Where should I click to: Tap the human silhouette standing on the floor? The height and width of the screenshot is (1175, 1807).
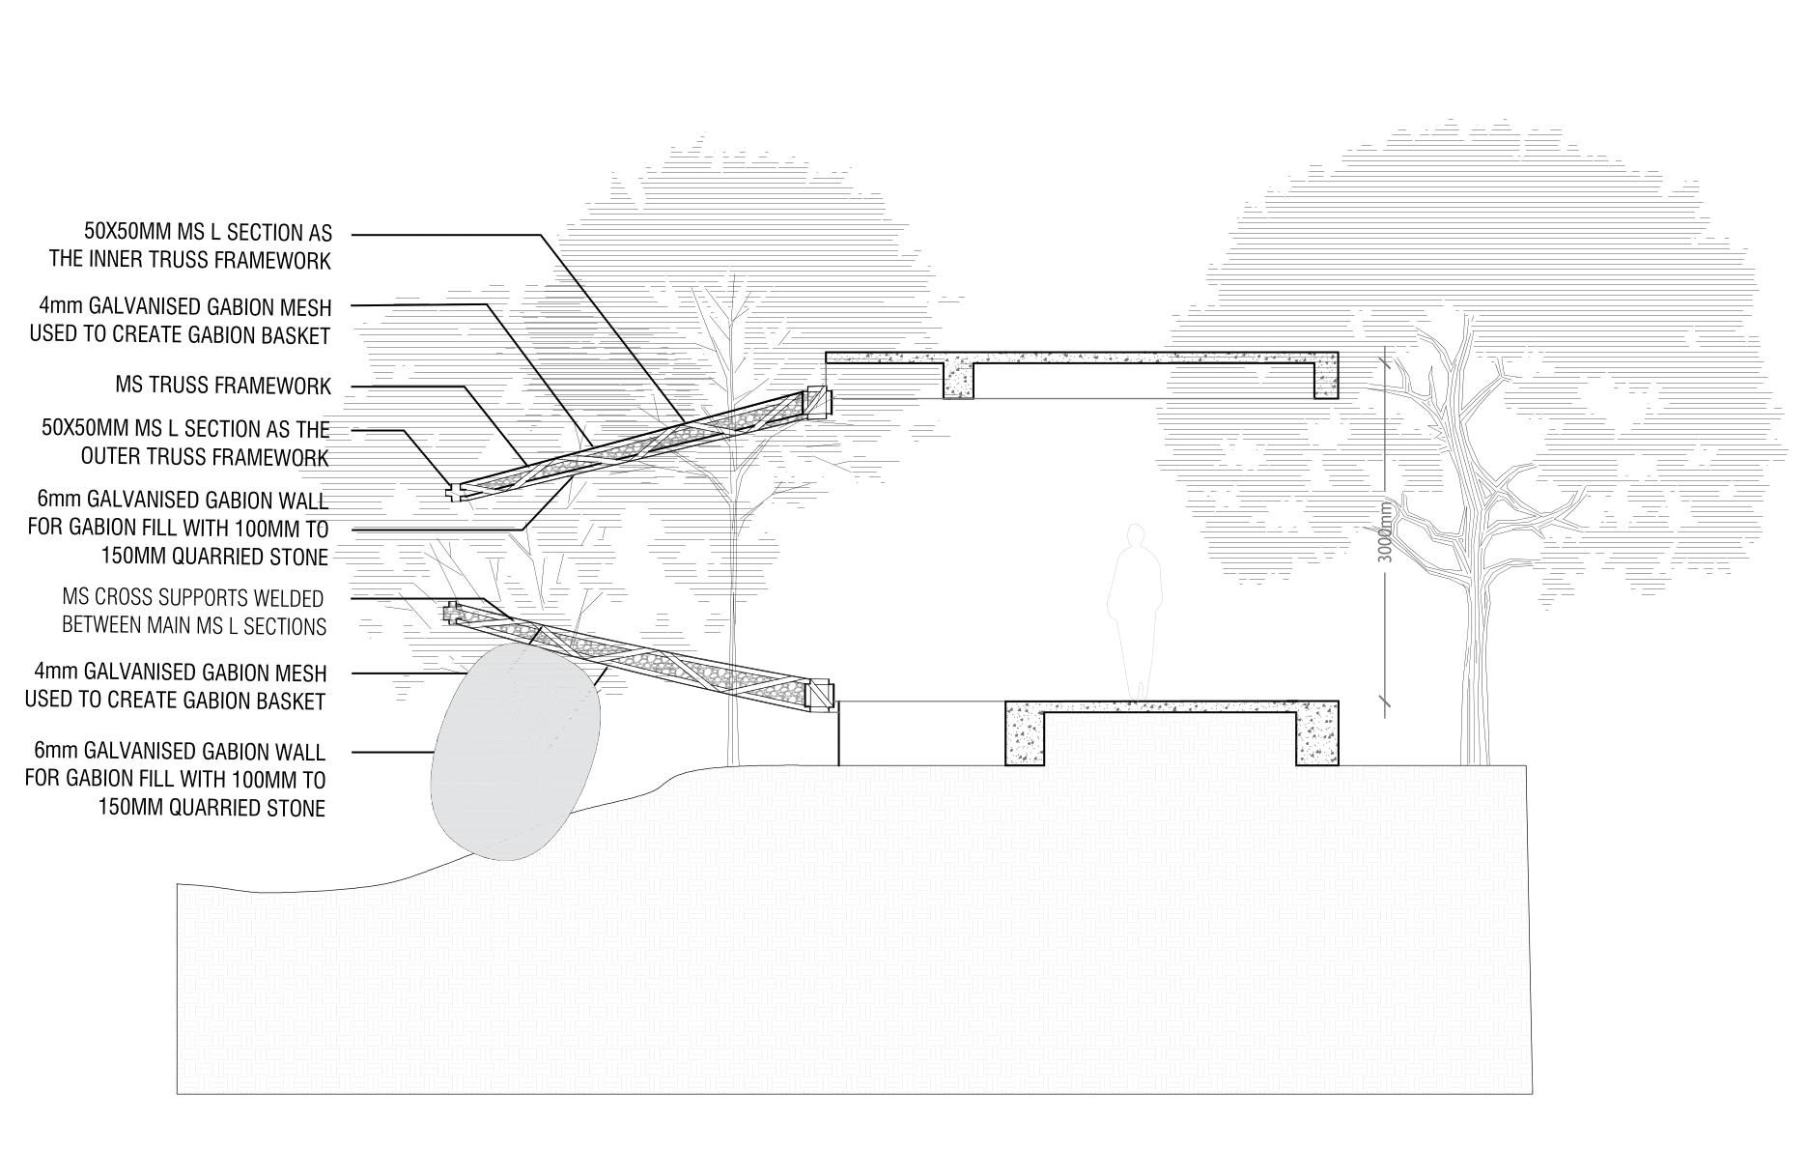pos(1134,609)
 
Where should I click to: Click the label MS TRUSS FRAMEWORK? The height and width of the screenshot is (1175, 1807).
pos(223,387)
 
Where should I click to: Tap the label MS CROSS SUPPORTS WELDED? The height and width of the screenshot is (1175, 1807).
pos(193,598)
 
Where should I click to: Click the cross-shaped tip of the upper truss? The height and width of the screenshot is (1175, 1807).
pos(454,491)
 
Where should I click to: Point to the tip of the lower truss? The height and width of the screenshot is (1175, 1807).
pos(451,612)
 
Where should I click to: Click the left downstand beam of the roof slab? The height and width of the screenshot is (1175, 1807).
pos(958,379)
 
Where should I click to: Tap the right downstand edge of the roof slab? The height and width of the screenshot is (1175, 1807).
pos(1325,377)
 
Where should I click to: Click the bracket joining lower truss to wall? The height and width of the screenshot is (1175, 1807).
pos(820,696)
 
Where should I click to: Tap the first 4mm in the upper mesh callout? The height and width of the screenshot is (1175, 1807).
pos(56,307)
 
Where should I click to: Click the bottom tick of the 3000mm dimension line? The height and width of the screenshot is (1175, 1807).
pos(1386,702)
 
